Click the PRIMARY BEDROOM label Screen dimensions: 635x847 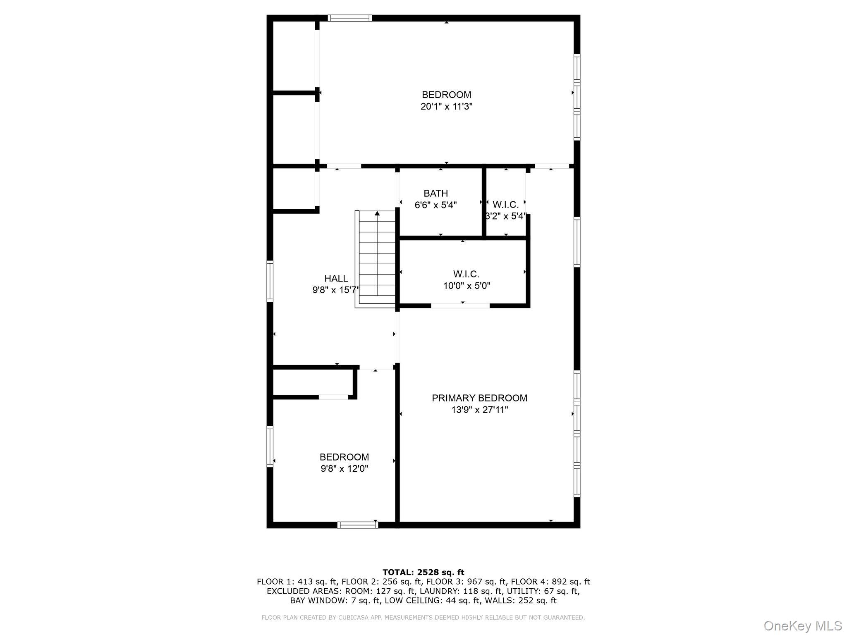pyautogui.click(x=479, y=398)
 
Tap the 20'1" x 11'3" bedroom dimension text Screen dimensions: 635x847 pyautogui.click(x=446, y=107)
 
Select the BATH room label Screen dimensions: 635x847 pyautogui.click(x=435, y=193)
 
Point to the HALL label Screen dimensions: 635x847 pyautogui.click(x=336, y=279)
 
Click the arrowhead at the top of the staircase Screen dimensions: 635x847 pyautogui.click(x=377, y=214)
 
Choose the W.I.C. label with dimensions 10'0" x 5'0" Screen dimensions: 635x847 pyautogui.click(x=466, y=274)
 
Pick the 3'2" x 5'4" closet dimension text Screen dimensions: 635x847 pyautogui.click(x=505, y=216)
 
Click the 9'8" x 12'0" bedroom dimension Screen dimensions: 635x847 pyautogui.click(x=344, y=469)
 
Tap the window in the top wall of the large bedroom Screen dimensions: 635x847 pyautogui.click(x=350, y=18)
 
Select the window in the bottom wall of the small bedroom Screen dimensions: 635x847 pyautogui.click(x=358, y=525)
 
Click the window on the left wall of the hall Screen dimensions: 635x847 pyautogui.click(x=270, y=281)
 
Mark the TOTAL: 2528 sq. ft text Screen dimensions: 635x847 pyautogui.click(x=423, y=573)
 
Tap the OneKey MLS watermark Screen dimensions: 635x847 pyautogui.click(x=803, y=625)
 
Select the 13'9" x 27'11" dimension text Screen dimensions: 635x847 pyautogui.click(x=479, y=410)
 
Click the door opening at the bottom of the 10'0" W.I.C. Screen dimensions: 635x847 pyautogui.click(x=460, y=306)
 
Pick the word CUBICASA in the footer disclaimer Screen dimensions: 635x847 pyautogui.click(x=354, y=618)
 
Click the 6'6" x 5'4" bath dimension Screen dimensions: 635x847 pyautogui.click(x=435, y=205)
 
